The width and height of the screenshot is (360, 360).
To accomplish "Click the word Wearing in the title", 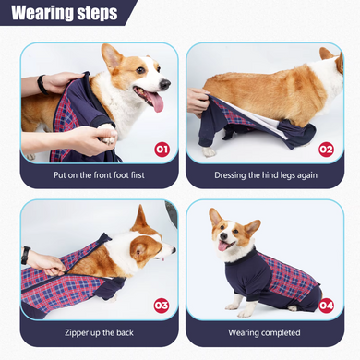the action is point(42,13).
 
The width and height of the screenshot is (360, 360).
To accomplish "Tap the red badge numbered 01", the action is point(162,150).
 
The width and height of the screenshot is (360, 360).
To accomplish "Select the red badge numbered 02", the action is point(326,150).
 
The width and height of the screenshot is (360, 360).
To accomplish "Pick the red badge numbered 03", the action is point(162,306).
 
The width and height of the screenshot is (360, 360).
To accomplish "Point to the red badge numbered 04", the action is point(326,306).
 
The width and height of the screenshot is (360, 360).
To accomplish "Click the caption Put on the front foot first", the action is point(99,175).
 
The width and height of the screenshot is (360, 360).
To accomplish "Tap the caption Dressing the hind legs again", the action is point(266,175).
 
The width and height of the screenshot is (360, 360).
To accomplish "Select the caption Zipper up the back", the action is point(99,332).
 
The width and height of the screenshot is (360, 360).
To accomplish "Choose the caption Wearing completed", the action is point(264,332).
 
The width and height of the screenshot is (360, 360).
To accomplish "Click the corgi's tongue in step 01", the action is point(156,102).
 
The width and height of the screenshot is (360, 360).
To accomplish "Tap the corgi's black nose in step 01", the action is point(165,84).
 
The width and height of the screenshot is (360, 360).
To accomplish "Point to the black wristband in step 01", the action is point(42,85).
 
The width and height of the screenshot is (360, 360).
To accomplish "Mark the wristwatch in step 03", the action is point(26,255).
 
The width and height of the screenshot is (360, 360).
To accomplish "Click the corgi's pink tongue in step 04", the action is point(222,246).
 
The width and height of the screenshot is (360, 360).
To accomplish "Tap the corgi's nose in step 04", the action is point(223,236).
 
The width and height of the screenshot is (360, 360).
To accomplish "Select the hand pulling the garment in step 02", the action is point(198,101).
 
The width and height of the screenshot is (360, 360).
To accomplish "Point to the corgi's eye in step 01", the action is point(140,70).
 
